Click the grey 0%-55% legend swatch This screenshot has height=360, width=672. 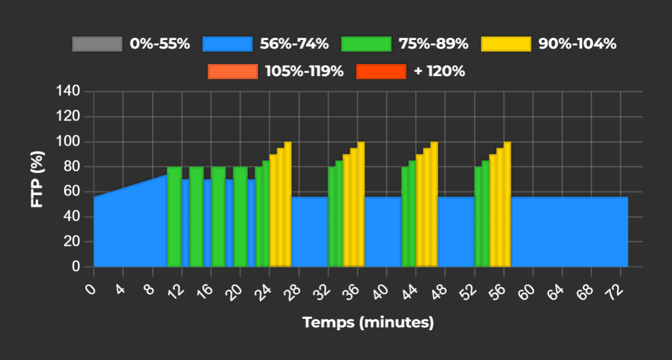click(97, 44)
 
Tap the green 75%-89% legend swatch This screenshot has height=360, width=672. click(366, 44)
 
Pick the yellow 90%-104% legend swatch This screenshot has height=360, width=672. click(506, 44)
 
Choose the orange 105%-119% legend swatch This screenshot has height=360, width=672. click(233, 71)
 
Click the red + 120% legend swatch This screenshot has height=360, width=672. click(381, 71)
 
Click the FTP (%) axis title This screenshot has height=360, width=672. click(37, 179)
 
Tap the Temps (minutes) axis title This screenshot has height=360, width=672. click(368, 323)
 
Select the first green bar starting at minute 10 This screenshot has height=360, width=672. click(174, 217)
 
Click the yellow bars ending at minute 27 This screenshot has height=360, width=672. click(281, 211)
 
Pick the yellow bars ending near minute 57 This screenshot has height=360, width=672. click(500, 211)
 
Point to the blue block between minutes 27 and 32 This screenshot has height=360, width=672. click(310, 231)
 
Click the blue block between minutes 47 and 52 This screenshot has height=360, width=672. click(456, 231)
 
